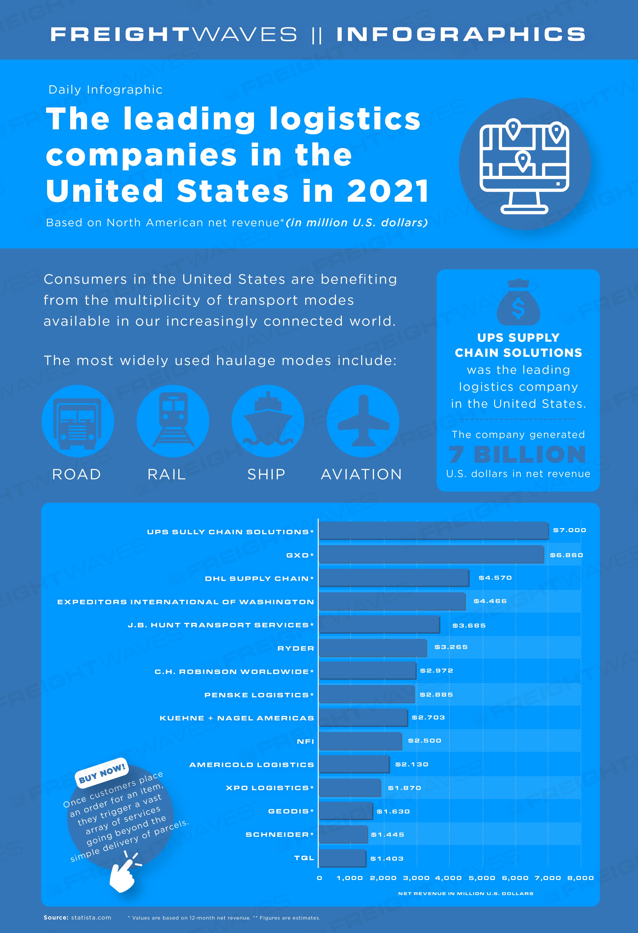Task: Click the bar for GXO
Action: click(432, 555)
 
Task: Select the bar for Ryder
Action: click(373, 648)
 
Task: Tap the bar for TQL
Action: click(343, 858)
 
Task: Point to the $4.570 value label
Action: click(495, 578)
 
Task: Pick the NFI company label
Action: click(305, 741)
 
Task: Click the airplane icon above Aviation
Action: click(363, 421)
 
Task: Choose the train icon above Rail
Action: click(173, 419)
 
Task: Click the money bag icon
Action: click(518, 302)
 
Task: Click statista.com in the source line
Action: click(91, 917)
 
